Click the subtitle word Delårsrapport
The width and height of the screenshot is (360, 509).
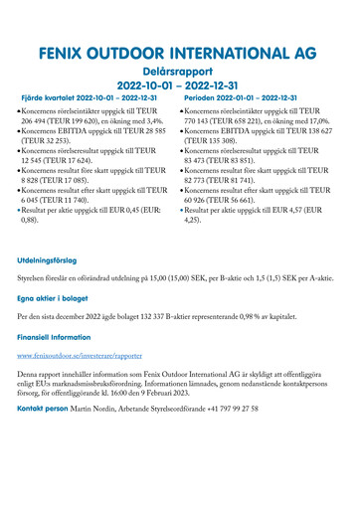pyautogui.click(x=180, y=72)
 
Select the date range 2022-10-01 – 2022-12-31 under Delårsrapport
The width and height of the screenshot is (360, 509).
pyautogui.click(x=180, y=86)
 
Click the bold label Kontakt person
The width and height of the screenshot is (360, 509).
pyautogui.click(x=48, y=408)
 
